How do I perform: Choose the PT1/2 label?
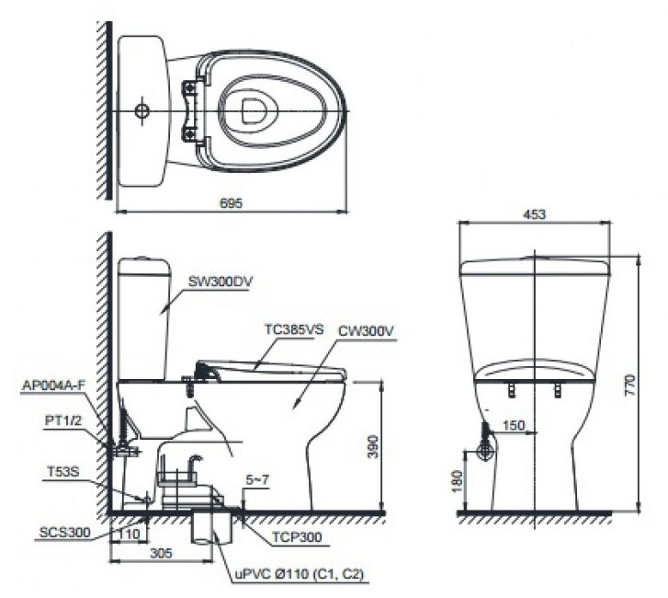pyautogui.click(x=62, y=420)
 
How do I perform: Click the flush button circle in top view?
pyautogui.click(x=141, y=110)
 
